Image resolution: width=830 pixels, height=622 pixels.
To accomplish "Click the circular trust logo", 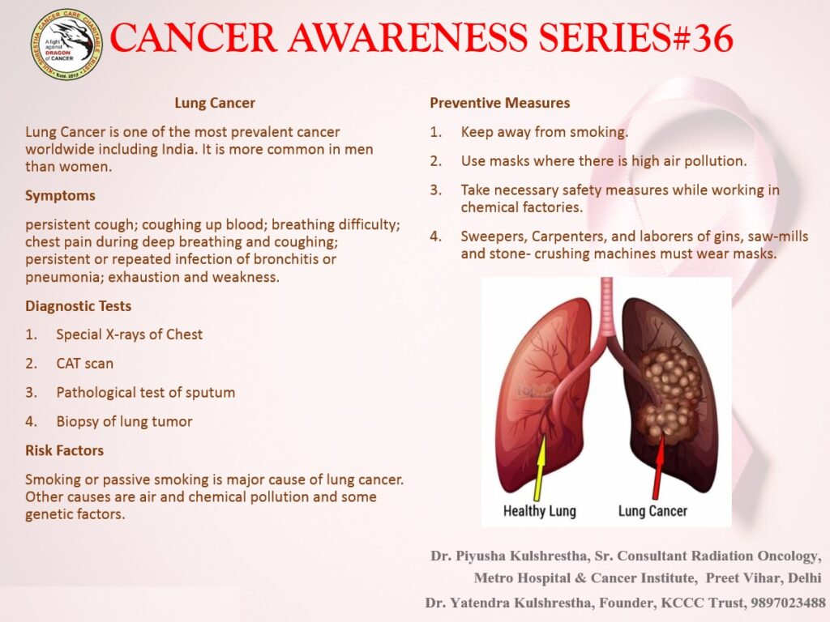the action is [x=66, y=45].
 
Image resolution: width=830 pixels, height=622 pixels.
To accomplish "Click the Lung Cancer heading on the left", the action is [x=215, y=103].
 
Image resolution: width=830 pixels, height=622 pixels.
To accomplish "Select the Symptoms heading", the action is [x=60, y=196].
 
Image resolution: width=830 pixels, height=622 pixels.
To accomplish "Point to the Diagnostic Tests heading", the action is [x=79, y=305].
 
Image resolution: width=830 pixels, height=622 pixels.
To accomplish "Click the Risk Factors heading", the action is [x=65, y=450].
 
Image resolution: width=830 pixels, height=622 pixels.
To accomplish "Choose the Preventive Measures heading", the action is [x=499, y=103].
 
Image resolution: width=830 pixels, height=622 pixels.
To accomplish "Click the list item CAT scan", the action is [x=84, y=364].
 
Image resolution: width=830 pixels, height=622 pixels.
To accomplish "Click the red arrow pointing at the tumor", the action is [x=658, y=467].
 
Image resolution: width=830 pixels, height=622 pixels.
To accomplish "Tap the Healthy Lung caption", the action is [x=539, y=511].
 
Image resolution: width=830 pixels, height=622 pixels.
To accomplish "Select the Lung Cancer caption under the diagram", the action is [x=652, y=511].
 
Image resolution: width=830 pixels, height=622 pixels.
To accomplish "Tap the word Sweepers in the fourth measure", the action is [x=493, y=236].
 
